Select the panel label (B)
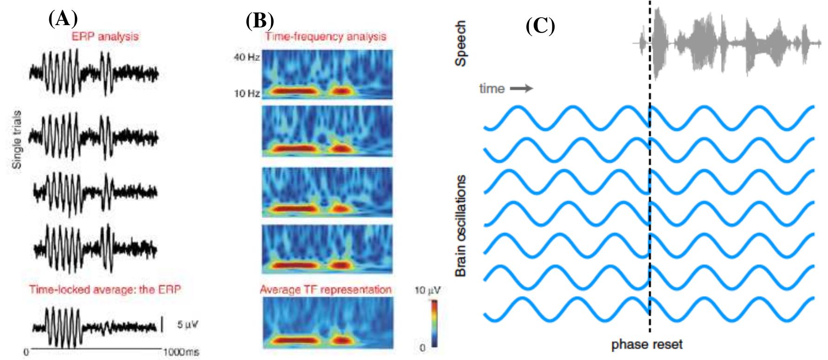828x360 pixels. pos(260,20)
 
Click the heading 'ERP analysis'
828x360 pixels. pos(105,36)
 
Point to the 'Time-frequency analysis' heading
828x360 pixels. pos(325,36)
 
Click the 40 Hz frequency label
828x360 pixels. pos(246,58)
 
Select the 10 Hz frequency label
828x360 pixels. pos(246,93)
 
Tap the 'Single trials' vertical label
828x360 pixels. pos(17,140)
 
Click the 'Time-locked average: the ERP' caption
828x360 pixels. pos(105,289)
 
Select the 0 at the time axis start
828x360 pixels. pos(26,352)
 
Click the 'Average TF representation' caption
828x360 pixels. pos(325,289)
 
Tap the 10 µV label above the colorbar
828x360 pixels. pos(427,291)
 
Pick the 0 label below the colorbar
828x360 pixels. pos(422,347)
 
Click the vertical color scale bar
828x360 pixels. pos(434,323)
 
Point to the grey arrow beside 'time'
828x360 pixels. pos(521,88)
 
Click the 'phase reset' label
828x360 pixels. pos(647,345)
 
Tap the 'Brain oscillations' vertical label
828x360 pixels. pos(460,226)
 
